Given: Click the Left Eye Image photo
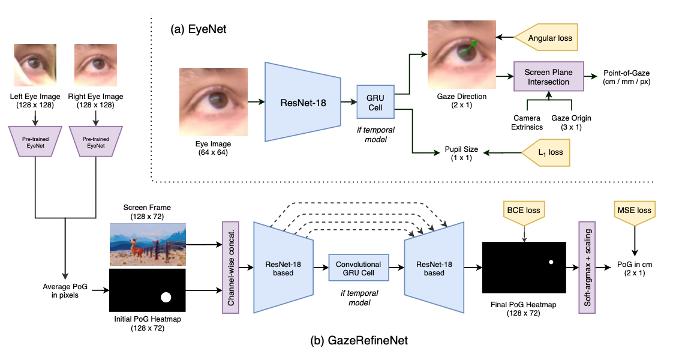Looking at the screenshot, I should coord(35,67).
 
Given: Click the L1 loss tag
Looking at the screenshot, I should coord(547,152).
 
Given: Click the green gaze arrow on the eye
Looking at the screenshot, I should coord(467,48).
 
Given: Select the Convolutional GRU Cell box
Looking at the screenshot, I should coord(359,267).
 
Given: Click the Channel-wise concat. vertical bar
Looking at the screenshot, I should coord(230,267).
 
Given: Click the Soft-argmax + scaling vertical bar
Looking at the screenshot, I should coord(586,267).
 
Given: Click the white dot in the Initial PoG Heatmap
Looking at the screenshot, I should coord(166,296).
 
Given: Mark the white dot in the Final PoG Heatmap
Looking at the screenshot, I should coord(551,262).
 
